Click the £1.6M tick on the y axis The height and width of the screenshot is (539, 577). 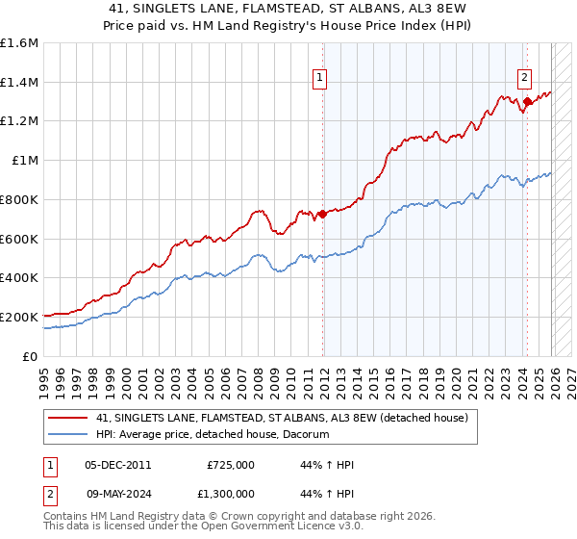[19, 43]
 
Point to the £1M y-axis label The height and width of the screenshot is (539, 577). [24, 161]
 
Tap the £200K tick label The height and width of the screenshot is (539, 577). [19, 317]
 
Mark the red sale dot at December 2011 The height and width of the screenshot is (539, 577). [322, 214]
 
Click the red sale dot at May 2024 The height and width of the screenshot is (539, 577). [527, 101]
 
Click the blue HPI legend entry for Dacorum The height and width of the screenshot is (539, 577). [213, 435]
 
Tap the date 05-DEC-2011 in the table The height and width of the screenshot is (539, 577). [118, 465]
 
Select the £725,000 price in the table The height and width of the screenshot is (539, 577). [230, 465]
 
